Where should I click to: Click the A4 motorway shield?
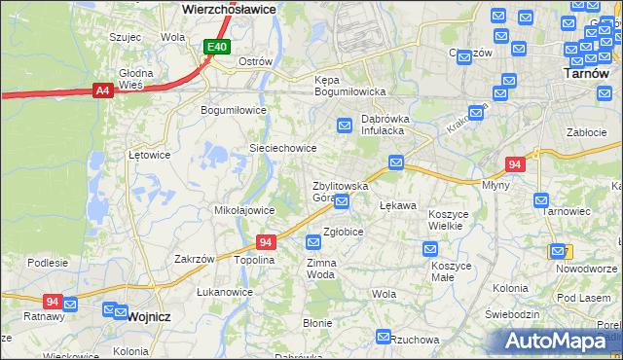(102, 90)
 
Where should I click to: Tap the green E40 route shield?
(217, 47)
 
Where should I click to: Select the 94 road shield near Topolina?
(267, 241)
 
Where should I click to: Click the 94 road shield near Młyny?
(516, 165)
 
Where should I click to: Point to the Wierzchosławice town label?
(230, 8)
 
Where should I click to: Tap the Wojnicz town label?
(148, 316)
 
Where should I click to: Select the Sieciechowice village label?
(283, 148)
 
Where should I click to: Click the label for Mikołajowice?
(243, 209)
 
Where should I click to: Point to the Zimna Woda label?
(321, 268)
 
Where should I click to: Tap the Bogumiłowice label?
(234, 110)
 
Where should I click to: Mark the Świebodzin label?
(512, 314)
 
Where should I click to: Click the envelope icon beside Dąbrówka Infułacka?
(345, 126)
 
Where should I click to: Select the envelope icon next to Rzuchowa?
(383, 337)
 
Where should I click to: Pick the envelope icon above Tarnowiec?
(542, 199)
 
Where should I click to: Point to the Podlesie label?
(48, 263)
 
